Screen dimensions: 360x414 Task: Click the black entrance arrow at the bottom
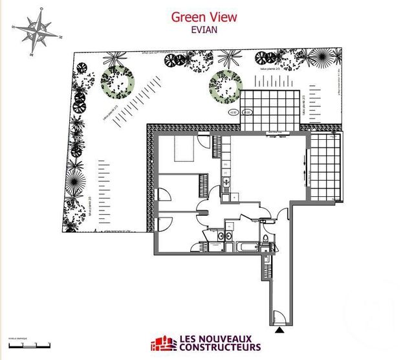tap(279, 330)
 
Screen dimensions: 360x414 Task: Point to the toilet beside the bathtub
tap(265, 243)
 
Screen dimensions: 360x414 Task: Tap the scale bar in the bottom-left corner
tap(23, 343)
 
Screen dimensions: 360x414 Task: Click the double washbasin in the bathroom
tap(226, 234)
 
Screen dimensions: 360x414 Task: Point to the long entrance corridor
tap(278, 278)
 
